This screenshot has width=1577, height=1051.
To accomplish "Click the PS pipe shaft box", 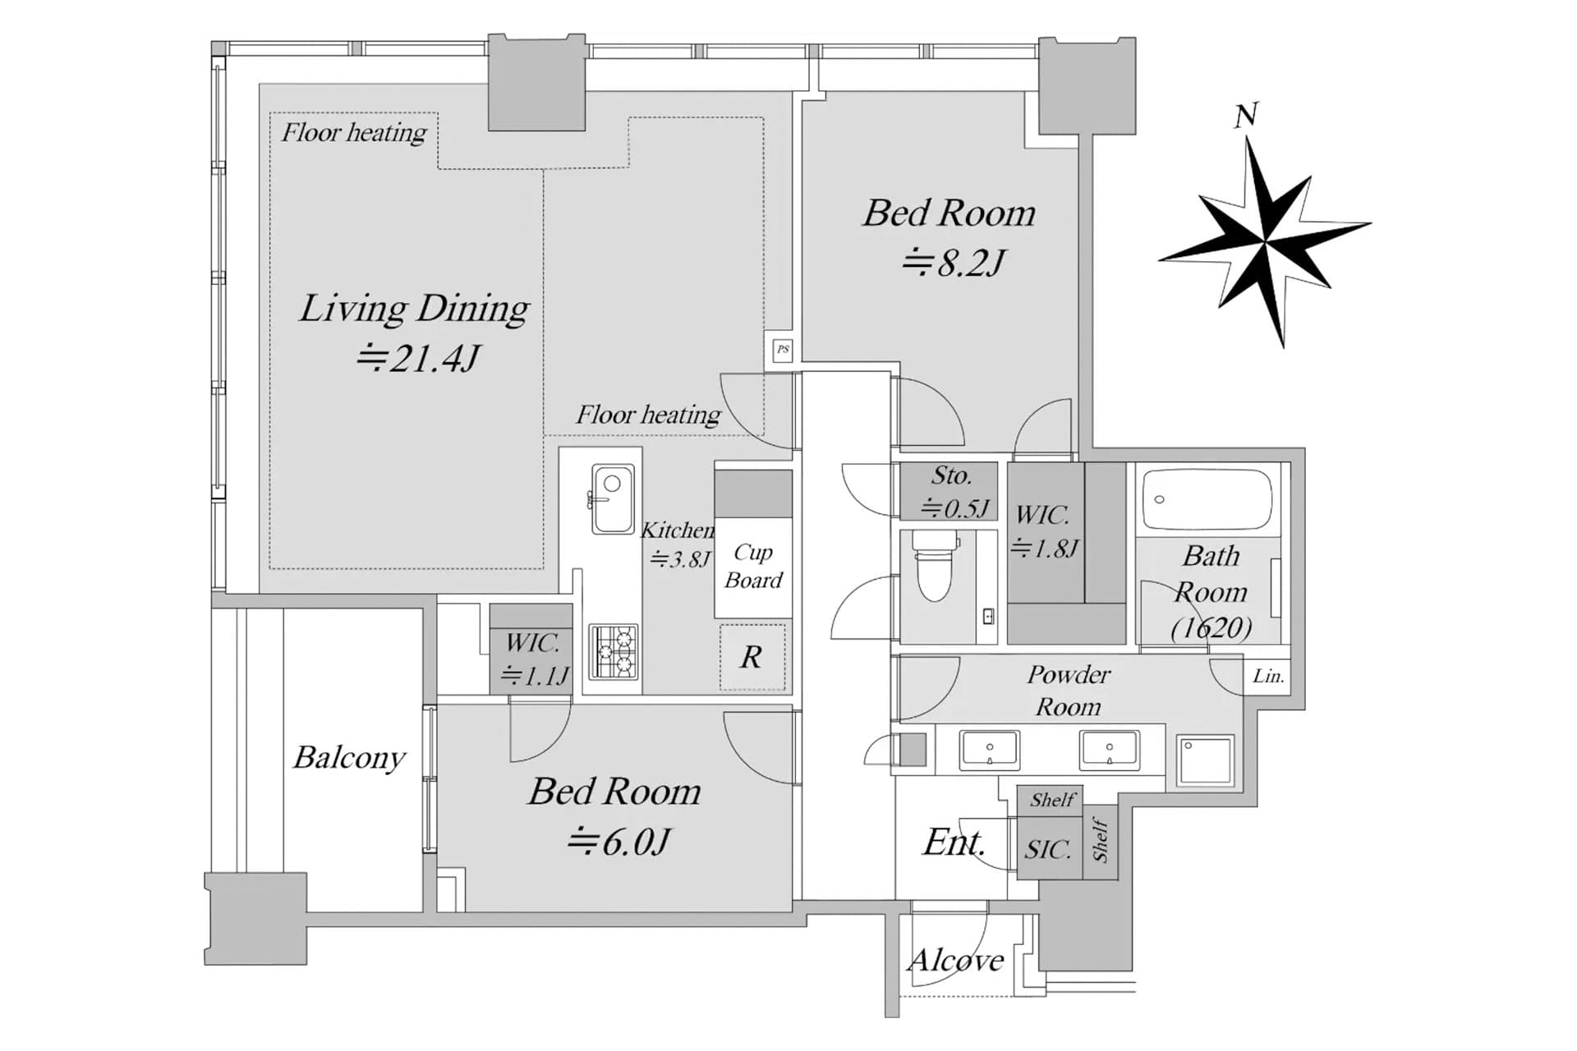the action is click(x=783, y=350).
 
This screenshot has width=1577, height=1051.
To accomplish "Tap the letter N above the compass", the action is click(x=1246, y=116).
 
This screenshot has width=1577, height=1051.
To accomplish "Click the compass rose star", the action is click(x=1265, y=241).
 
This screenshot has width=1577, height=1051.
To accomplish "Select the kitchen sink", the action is click(x=611, y=499).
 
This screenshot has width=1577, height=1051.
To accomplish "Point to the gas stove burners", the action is click(x=613, y=652).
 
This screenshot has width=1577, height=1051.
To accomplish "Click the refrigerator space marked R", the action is click(x=752, y=658).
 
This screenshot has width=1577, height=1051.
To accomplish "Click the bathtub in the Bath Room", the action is click(x=1207, y=499).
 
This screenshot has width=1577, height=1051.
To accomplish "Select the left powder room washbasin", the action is click(x=990, y=750).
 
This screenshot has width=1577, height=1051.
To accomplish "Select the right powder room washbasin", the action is click(x=1109, y=750).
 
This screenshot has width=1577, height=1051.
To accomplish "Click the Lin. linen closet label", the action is click(x=1268, y=677).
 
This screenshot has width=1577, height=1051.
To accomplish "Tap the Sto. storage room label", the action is click(x=952, y=475).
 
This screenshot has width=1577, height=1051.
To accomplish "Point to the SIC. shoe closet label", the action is click(x=1048, y=849).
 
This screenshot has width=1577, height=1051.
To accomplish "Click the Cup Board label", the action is click(x=753, y=566).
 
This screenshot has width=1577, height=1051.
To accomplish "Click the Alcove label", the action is click(x=956, y=960).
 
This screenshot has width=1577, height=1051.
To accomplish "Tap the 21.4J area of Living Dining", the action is click(x=418, y=359).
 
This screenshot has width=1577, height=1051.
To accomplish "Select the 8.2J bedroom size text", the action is click(x=954, y=264).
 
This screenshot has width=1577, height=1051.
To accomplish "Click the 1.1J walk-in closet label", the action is click(x=535, y=676).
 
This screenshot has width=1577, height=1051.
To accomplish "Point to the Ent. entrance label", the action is click(x=954, y=842).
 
